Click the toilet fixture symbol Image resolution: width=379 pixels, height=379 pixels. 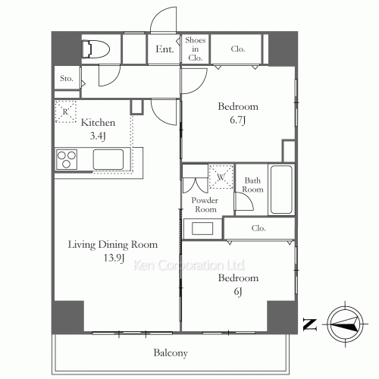[97, 49]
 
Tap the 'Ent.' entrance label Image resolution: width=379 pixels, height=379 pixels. [164, 50]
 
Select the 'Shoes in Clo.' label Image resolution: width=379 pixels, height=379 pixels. [195, 48]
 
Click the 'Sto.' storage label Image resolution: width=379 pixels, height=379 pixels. [66, 78]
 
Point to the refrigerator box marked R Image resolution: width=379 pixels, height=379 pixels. [65, 112]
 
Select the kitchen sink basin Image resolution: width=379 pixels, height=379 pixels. [109, 160]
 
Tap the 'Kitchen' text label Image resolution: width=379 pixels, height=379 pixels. [98, 121]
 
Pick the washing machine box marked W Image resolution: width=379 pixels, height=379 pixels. [221, 177]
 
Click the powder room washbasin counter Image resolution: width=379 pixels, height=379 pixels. [202, 228]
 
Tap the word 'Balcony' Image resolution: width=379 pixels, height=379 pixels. [171, 353]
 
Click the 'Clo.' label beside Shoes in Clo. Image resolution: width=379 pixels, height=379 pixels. [238, 50]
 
